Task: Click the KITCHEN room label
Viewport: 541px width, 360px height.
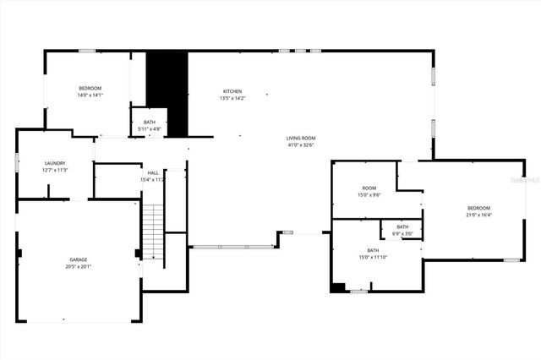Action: [x=232, y=91]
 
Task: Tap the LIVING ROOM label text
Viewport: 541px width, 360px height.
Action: [x=300, y=138]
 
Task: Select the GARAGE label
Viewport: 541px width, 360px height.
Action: [x=79, y=259]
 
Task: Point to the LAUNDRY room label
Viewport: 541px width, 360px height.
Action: [x=56, y=163]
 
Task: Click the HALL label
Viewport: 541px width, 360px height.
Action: [x=153, y=172]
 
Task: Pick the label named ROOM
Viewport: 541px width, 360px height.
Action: [x=369, y=188]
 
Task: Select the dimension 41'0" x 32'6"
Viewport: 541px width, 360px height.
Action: [x=300, y=145]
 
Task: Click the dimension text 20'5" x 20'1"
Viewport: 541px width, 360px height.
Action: [x=79, y=267]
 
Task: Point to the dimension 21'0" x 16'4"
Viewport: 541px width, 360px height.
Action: [x=479, y=215]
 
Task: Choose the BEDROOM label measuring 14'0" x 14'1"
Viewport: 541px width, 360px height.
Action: [x=90, y=89]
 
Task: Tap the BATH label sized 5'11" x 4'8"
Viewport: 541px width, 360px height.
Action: [x=150, y=123]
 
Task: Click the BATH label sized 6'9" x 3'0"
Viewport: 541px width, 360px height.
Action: [x=402, y=226]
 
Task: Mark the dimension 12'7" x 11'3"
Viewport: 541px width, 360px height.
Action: [x=56, y=170]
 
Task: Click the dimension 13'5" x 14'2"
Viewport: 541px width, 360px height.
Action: [x=232, y=98]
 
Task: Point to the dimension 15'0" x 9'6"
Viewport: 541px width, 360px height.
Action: [x=369, y=194]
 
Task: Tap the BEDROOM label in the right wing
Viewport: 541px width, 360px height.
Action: [x=479, y=208]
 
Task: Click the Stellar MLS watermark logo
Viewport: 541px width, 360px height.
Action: [x=525, y=180]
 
